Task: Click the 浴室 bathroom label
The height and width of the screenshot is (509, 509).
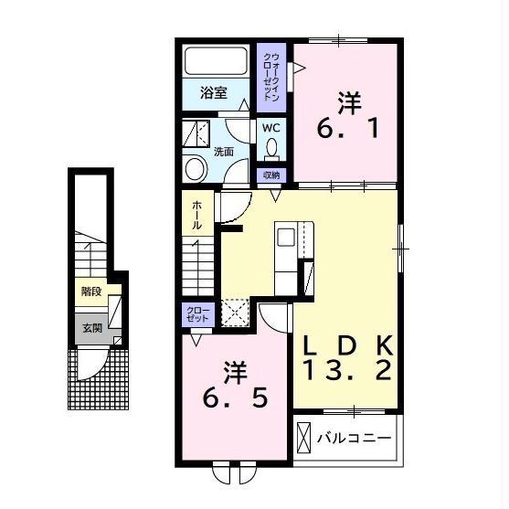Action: [x=213, y=93]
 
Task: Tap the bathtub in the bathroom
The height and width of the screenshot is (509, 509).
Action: [x=216, y=61]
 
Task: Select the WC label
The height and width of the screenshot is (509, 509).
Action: [x=271, y=128]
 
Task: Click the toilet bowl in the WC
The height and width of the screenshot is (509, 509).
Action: [x=271, y=148]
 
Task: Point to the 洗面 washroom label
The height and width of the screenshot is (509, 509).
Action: [x=223, y=152]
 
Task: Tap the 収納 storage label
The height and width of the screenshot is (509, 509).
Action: [x=271, y=175]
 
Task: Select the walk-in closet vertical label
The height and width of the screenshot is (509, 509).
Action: [x=271, y=78]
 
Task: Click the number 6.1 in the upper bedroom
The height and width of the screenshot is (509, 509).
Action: [x=348, y=128]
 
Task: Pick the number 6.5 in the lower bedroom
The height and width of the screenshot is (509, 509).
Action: [x=236, y=398]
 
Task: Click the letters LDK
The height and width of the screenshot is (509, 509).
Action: [x=348, y=345]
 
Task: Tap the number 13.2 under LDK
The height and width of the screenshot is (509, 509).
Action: [x=347, y=370]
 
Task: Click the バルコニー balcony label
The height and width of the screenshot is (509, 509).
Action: [x=355, y=439]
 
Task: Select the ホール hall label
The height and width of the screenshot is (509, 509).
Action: [x=197, y=215]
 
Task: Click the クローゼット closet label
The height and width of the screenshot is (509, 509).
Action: [x=197, y=314]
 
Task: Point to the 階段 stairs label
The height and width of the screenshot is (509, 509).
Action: [x=91, y=292]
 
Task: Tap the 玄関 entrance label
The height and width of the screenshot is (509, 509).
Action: [x=92, y=328]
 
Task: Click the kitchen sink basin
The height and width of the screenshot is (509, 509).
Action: [x=286, y=238]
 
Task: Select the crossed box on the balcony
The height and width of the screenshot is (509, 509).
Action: [x=303, y=438]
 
